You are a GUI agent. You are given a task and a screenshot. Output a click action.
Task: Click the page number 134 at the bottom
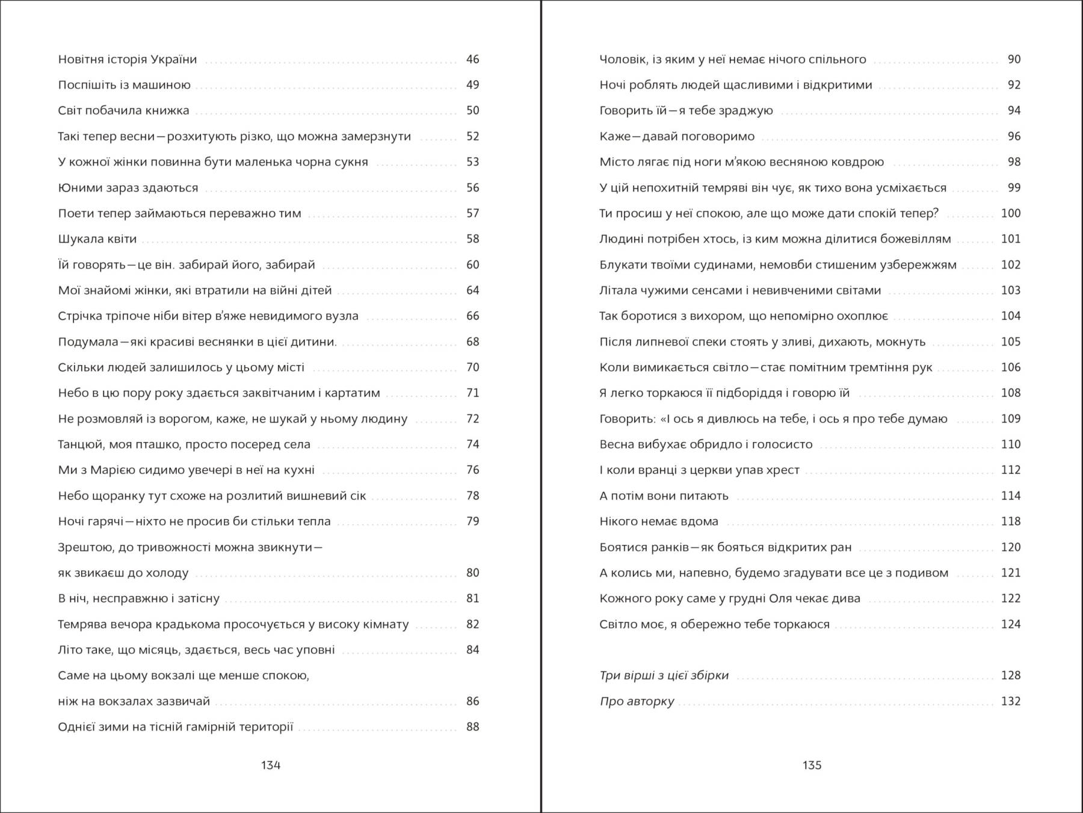point(271,765)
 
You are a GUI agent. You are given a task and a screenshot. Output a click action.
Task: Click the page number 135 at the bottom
point(812,765)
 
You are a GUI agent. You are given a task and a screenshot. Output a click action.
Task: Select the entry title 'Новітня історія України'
point(128,59)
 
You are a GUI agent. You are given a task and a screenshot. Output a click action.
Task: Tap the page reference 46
point(472,59)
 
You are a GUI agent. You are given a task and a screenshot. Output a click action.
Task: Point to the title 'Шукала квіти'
point(97,239)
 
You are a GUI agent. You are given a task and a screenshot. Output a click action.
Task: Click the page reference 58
point(472,239)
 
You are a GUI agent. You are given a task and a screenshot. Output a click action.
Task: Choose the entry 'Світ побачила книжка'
point(123,110)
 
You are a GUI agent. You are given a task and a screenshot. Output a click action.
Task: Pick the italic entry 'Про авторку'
point(637,702)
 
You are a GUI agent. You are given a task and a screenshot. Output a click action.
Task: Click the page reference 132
point(1011,701)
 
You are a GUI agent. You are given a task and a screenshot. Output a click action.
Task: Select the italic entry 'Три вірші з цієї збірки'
point(664,676)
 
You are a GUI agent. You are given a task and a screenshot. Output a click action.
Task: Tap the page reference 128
point(1011,675)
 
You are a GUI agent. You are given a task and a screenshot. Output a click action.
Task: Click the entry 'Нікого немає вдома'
point(659,522)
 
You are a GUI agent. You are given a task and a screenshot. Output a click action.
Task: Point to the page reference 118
point(1011,522)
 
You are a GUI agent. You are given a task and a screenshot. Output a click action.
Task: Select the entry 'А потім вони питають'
point(664,496)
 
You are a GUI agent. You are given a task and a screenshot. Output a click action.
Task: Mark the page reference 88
point(472,727)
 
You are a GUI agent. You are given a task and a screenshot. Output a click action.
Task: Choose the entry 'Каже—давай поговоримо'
point(677,137)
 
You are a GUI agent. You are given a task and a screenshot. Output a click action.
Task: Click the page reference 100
point(1011,213)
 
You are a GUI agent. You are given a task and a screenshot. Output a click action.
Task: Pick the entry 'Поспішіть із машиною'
point(124,85)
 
